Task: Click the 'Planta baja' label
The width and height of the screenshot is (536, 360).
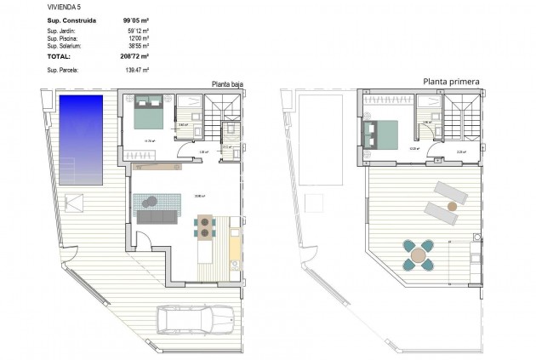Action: [x=228, y=83]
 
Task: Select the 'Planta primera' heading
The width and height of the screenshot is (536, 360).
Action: [x=451, y=82]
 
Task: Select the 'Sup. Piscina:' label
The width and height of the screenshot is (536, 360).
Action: [x=64, y=38]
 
